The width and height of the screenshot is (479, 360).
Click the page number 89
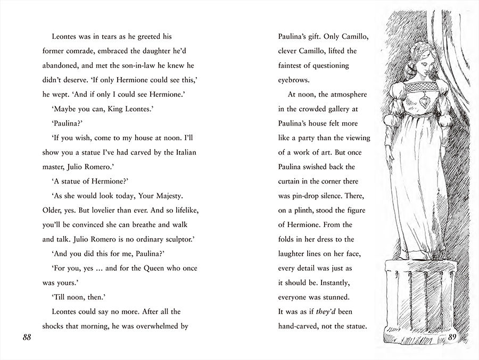coord(453,337)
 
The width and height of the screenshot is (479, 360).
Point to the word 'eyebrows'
coord(294,80)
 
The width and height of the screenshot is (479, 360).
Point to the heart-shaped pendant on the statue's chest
coord(420,101)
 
